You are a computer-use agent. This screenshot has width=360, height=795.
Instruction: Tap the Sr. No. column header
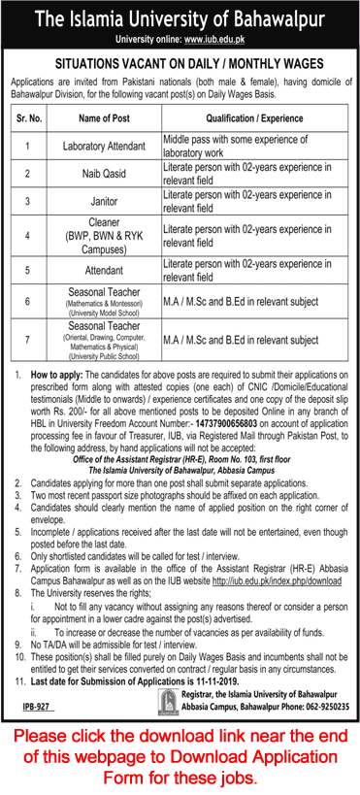click(28, 118)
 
